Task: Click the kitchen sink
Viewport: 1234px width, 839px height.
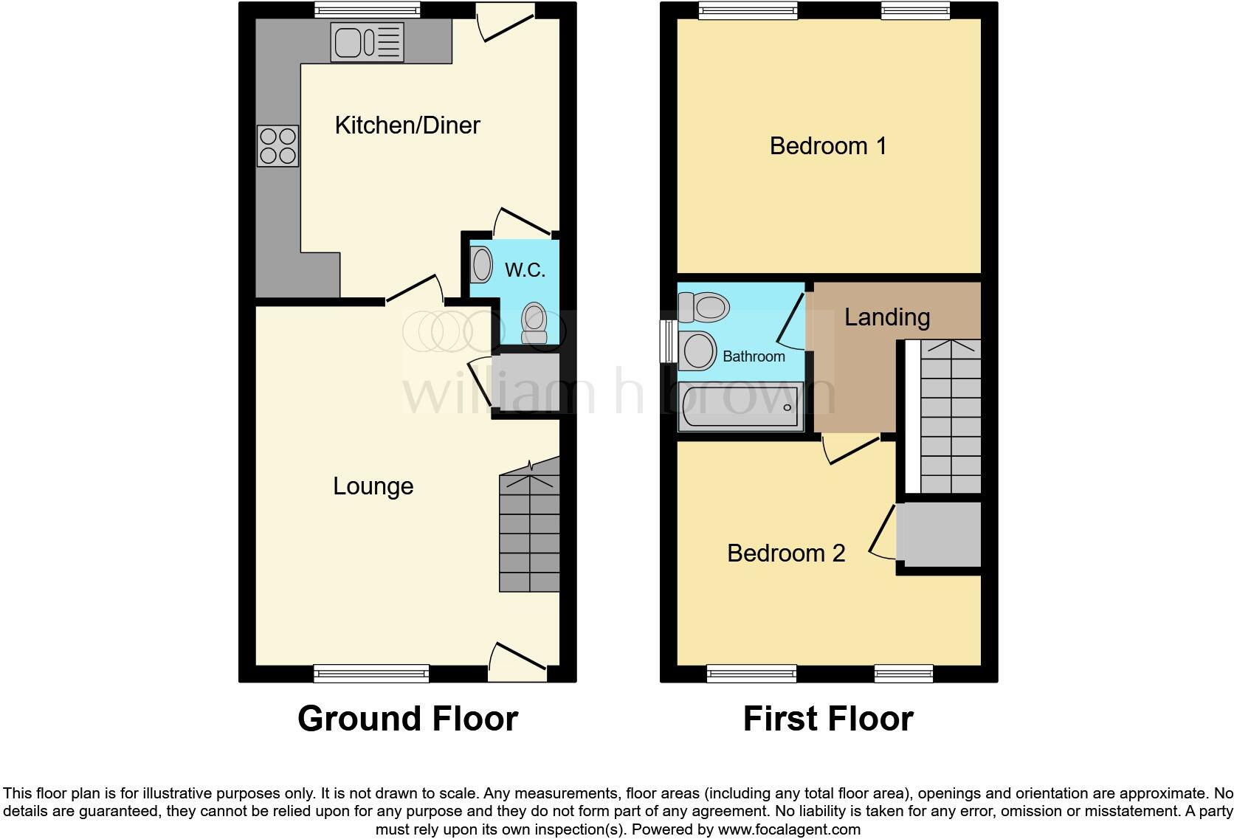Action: click(x=367, y=41)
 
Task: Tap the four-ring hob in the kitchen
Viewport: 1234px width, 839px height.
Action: click(x=278, y=146)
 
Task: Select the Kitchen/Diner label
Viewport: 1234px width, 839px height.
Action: click(x=407, y=125)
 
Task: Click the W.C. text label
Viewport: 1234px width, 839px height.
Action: click(x=525, y=270)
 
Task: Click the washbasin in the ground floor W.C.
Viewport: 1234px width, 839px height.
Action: click(x=481, y=264)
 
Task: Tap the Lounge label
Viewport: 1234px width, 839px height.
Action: click(x=373, y=486)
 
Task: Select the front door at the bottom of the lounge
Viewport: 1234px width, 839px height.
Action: click(x=517, y=663)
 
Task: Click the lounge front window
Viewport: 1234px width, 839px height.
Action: click(x=370, y=672)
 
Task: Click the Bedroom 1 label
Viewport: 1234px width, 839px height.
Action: click(x=827, y=146)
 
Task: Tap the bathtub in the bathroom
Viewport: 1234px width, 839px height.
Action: click(x=740, y=407)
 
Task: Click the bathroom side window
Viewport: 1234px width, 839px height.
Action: click(x=668, y=341)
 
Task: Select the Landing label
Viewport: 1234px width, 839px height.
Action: click(x=886, y=317)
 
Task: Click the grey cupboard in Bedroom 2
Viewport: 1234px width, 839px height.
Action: click(x=940, y=534)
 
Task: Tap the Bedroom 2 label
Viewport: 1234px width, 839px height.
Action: click(x=785, y=553)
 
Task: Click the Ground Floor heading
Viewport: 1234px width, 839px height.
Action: click(x=407, y=719)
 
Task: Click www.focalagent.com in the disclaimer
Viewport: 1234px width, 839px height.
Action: click(x=788, y=829)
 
